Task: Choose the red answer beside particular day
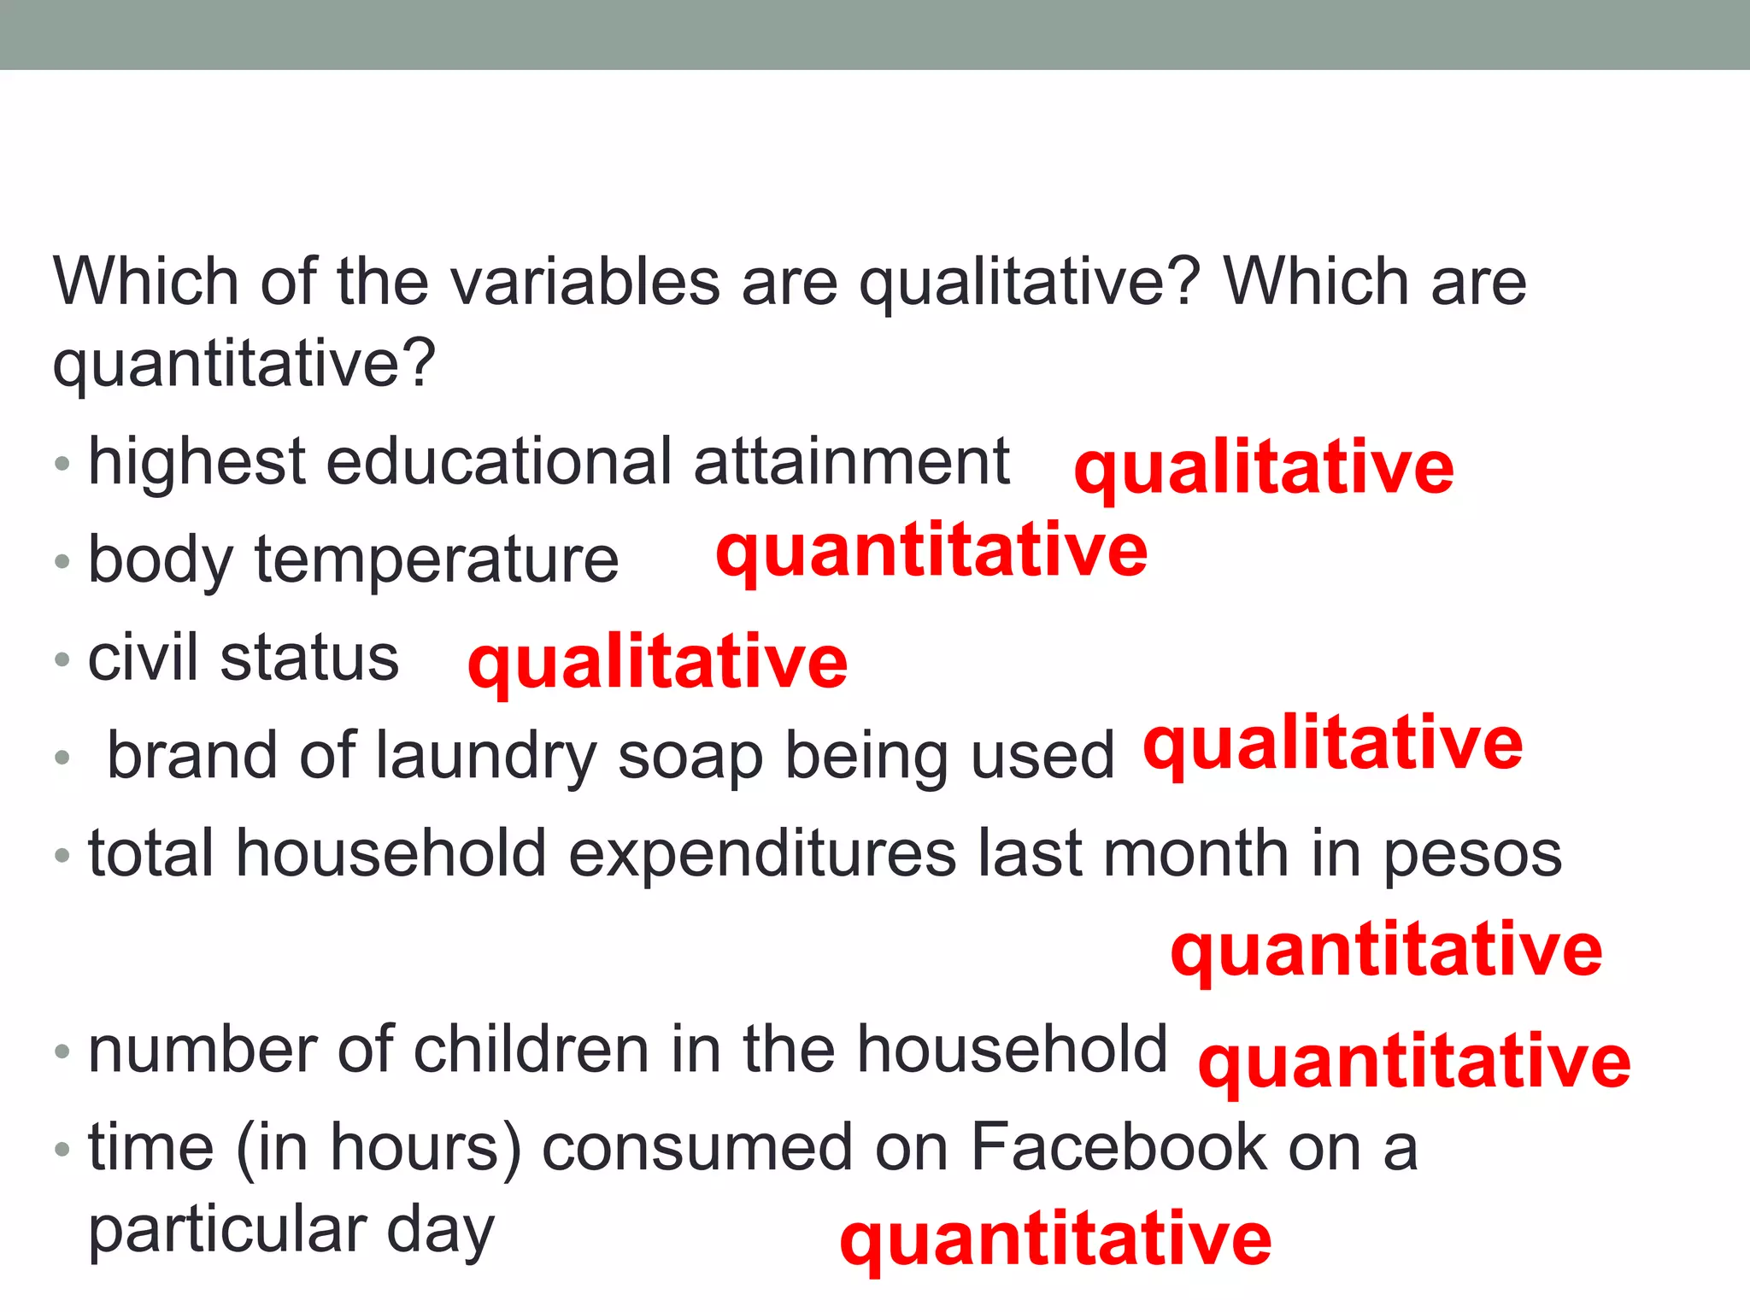[1055, 1239]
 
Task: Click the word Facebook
[1119, 1147]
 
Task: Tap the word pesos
[1472, 855]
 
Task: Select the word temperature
[437, 561]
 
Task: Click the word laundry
[485, 757]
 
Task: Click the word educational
[499, 462]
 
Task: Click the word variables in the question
[585, 282]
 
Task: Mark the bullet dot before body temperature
[62, 562]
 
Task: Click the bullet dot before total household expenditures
[62, 855]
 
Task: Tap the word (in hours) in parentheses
[378, 1149]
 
